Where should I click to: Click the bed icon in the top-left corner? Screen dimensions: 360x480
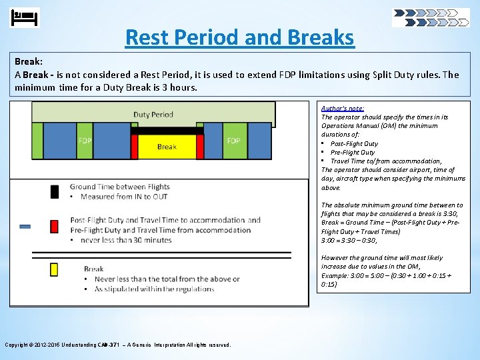(25, 17)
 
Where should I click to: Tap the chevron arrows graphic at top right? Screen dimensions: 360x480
(431, 17)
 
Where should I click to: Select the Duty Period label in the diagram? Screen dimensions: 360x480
(153, 114)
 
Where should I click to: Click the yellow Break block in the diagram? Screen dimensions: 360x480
(167, 146)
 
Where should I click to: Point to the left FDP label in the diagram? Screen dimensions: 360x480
(85, 141)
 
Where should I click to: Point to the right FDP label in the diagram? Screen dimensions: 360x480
(233, 141)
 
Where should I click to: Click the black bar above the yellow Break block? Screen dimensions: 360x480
(167, 131)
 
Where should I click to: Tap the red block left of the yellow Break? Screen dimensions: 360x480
(135, 146)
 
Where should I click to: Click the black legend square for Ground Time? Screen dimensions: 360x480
(55, 192)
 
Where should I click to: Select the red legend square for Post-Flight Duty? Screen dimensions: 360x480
(55, 226)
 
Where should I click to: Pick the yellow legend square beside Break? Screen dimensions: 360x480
(55, 269)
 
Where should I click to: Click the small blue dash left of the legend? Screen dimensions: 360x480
(25, 227)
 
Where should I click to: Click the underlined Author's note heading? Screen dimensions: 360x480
(343, 108)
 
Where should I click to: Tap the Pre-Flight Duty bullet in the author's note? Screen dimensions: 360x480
(353, 152)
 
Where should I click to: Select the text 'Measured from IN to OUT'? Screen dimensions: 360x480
(124, 197)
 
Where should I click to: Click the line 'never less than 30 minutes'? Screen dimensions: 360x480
(126, 240)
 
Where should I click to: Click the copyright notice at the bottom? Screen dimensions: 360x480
(118, 345)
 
